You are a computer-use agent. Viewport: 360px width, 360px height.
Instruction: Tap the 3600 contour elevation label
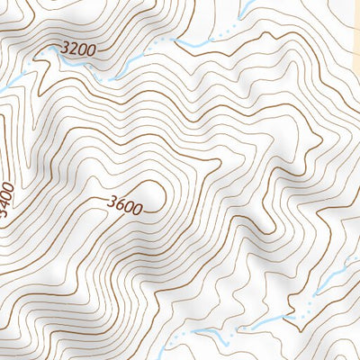123,206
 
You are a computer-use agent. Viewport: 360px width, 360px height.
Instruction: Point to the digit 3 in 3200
65,47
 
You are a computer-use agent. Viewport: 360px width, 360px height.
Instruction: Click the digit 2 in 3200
73,49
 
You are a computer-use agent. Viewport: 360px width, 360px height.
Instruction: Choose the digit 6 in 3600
119,205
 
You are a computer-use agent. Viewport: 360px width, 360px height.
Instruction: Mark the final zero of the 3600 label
137,209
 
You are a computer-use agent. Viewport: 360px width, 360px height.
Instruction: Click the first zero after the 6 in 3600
128,207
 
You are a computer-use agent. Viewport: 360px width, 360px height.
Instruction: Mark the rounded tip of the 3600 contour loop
166,191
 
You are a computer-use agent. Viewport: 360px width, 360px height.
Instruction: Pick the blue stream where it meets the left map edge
3,87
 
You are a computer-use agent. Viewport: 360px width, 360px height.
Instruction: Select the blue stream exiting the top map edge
246,4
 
